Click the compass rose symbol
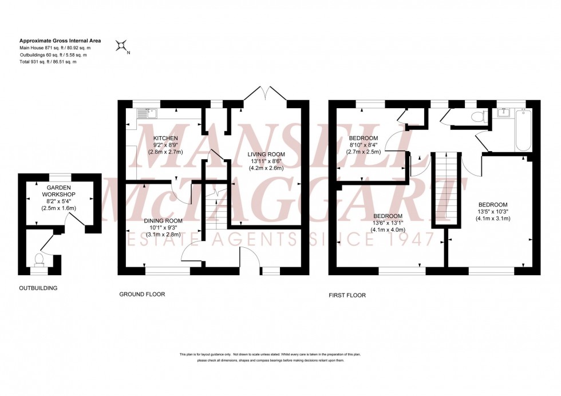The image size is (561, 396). coord(121,46)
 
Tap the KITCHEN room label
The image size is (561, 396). coord(165,138)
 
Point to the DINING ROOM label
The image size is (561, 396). coord(163,221)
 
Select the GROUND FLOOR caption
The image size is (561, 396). coord(142,295)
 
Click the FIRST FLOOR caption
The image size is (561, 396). coord(347,295)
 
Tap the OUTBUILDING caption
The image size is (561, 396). coord(38,288)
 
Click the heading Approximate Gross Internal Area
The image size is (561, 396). coord(60,41)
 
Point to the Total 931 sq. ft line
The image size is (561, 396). coord(48,61)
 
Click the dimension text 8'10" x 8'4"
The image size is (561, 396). coord(364,145)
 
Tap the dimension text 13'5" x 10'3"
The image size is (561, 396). coord(492,211)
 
